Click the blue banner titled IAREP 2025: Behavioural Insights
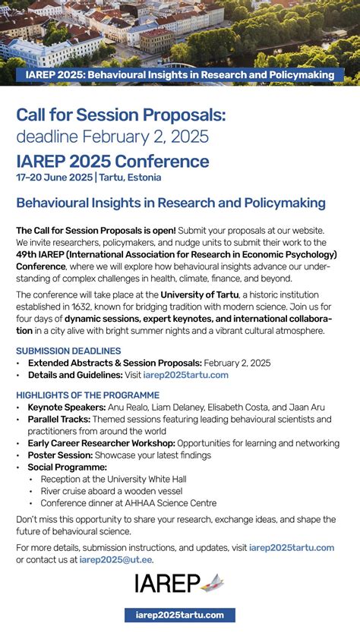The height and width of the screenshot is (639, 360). (179, 75)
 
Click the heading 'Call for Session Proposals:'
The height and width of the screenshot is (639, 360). (121, 115)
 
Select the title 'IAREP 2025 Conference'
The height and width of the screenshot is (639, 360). (112, 161)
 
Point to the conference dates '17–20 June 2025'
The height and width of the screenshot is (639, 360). (54, 178)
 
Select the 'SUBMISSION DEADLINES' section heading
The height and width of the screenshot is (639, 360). (68, 351)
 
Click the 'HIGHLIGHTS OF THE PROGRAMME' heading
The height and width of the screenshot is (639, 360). (87, 395)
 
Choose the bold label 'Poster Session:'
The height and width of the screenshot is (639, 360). (61, 455)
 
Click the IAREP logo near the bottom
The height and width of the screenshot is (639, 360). (179, 583)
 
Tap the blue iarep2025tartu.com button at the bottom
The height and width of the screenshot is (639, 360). (180, 615)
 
